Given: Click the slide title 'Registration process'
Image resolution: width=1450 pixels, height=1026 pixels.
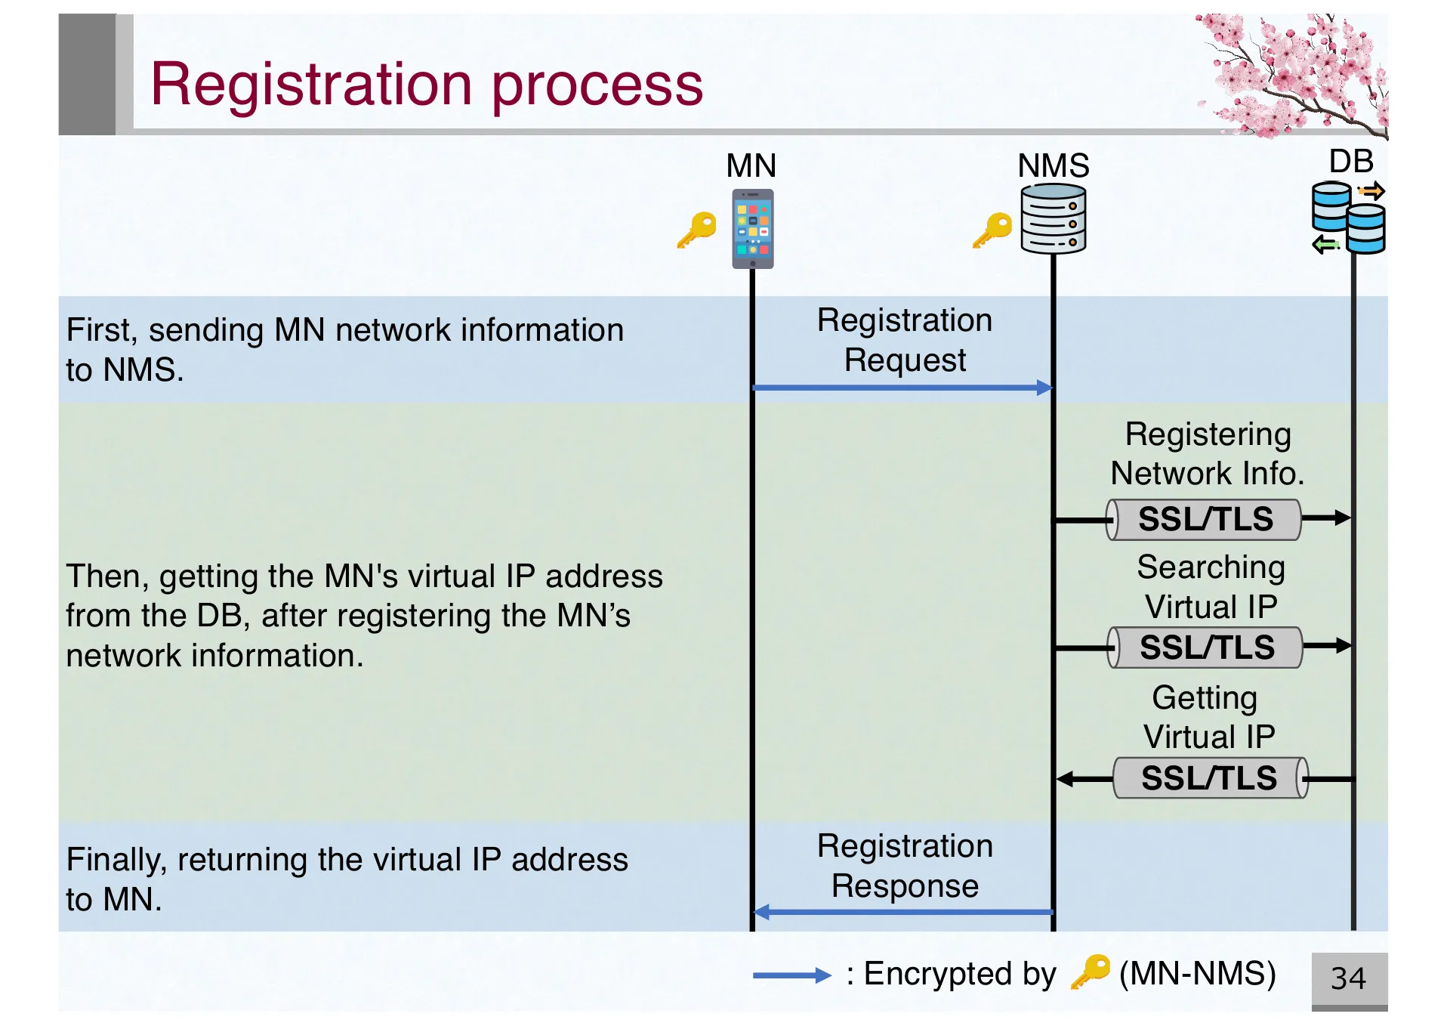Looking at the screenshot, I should (x=427, y=85).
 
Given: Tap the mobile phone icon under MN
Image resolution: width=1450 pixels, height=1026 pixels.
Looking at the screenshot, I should (x=752, y=229).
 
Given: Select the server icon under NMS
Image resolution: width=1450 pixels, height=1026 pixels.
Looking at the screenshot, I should (x=1053, y=219).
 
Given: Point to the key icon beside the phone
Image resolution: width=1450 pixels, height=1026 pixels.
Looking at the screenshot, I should (x=696, y=230).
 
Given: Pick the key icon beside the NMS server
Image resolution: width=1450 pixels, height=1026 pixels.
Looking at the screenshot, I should (x=992, y=230).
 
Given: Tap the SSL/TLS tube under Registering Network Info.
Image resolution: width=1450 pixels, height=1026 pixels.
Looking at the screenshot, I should (x=1205, y=520).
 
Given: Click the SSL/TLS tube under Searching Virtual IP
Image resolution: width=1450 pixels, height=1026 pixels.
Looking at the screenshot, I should (x=1206, y=647).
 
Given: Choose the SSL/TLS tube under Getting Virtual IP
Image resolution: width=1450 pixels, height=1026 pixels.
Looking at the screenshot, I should (x=1209, y=778).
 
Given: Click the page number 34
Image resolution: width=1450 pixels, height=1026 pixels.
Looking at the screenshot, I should (x=1348, y=978).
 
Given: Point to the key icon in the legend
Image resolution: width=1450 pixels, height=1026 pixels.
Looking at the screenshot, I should (x=1091, y=972).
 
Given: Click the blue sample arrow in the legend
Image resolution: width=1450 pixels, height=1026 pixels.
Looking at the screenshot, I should (x=791, y=975).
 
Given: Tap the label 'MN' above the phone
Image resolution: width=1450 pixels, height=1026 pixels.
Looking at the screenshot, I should (x=751, y=165).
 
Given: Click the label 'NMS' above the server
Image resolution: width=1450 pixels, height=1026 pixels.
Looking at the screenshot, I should (x=1053, y=165).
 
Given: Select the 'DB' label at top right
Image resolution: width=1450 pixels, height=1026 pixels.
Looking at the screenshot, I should (x=1350, y=162).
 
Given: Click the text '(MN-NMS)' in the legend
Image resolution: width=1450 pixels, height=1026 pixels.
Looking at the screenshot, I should (x=1197, y=974).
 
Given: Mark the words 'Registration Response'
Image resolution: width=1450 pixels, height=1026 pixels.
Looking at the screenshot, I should (x=905, y=866).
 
